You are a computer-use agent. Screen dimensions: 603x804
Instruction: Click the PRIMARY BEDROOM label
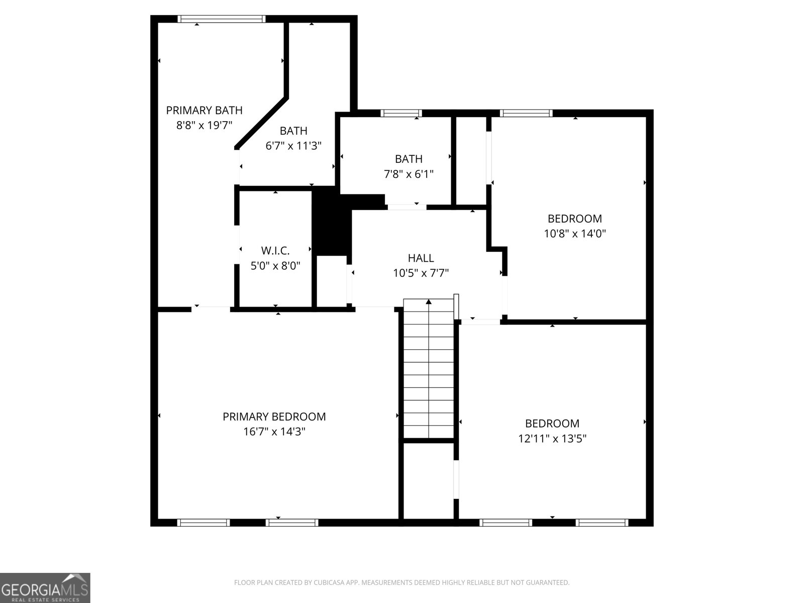274,417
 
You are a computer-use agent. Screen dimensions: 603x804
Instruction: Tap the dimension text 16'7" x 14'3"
274,432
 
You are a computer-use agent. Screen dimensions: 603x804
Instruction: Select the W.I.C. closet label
275,250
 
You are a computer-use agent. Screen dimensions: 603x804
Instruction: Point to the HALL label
421,258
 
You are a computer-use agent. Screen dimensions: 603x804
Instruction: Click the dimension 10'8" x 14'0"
575,234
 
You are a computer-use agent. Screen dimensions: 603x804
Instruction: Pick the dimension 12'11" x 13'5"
552,439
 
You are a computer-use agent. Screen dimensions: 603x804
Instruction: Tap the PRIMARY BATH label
204,110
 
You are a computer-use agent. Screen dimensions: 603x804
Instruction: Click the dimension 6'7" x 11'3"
293,146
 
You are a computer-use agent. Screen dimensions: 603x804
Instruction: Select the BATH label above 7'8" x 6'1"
409,159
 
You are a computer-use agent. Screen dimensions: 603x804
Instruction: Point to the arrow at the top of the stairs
429,301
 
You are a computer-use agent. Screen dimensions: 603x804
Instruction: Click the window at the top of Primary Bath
222,19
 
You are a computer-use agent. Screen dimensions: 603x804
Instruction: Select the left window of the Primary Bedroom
204,523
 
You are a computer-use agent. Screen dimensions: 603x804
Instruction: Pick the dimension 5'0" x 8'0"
275,265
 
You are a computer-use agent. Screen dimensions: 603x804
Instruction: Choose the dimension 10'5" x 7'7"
421,273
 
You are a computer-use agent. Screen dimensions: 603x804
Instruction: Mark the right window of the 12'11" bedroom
601,523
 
